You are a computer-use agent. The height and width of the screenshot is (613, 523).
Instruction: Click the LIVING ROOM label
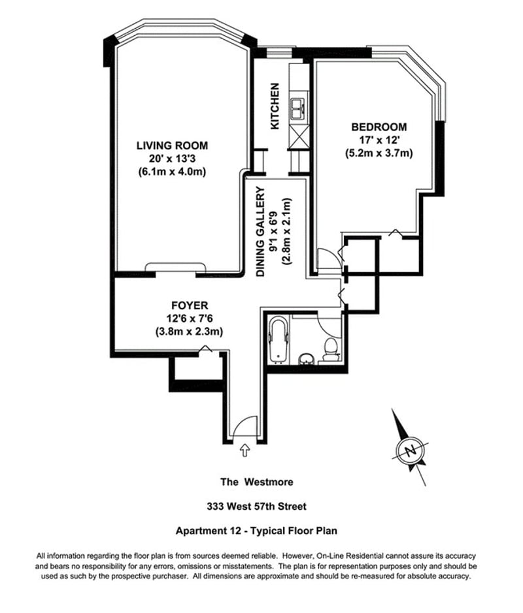172,146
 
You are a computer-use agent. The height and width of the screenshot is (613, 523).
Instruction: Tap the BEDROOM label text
379,127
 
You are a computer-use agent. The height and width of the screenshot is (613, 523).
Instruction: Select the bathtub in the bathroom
279,339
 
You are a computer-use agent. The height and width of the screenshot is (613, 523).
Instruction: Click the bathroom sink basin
306,358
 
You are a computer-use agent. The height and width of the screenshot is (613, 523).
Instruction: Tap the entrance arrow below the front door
246,450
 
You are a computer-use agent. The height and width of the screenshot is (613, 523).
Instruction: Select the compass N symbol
410,450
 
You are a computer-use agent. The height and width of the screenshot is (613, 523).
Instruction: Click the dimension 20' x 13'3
172,159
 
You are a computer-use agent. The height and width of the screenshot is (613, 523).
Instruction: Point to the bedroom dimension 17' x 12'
379,140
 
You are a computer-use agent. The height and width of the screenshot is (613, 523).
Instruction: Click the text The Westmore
256,482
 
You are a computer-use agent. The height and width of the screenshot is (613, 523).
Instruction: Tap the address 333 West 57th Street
256,507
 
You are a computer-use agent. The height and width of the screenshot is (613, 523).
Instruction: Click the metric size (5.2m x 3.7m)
379,154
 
